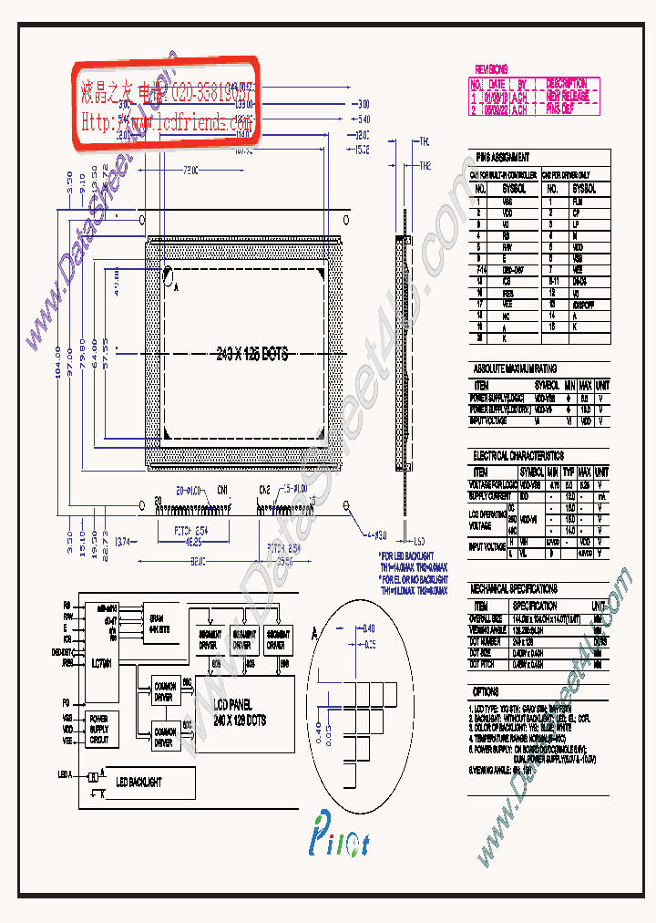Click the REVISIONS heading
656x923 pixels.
[491, 69]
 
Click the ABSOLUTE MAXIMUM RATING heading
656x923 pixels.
[515, 368]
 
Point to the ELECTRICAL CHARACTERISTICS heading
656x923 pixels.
[518, 455]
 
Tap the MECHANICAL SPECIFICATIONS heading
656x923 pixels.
[515, 589]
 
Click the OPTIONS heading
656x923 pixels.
[487, 692]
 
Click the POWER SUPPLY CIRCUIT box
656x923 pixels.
[100, 730]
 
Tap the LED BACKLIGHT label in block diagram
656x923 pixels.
[138, 782]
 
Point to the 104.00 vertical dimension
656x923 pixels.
[58, 362]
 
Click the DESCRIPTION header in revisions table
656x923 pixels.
[566, 84]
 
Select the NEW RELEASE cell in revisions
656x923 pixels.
[566, 95]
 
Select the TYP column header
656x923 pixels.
[569, 472]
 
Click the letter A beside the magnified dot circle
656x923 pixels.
[314, 631]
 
